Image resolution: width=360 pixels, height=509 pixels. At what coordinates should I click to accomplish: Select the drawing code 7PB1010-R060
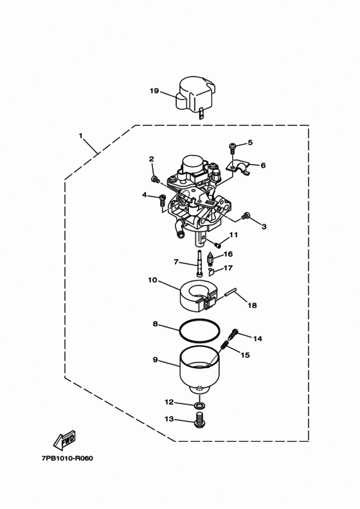click(x=67, y=458)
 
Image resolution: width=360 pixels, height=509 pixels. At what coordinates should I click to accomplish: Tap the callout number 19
click(x=154, y=91)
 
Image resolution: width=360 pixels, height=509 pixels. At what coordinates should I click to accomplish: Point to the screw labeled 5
click(x=233, y=147)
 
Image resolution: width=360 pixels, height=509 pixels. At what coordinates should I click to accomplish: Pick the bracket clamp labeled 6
click(x=238, y=168)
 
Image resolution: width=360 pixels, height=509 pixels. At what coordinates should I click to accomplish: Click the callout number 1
click(x=81, y=136)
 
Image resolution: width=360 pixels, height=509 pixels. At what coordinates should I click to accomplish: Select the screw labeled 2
click(x=155, y=179)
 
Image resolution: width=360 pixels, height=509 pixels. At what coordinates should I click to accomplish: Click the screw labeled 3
click(x=246, y=215)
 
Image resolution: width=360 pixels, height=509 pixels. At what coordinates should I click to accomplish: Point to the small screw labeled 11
click(x=217, y=245)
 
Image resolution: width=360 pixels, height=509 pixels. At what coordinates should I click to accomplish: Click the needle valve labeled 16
click(x=210, y=259)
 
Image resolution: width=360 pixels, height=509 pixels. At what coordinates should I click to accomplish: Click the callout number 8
click(x=155, y=324)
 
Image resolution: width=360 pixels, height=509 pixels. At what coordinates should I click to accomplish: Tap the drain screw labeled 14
click(x=233, y=334)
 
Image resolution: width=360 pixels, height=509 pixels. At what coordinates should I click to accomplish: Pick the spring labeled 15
click(x=224, y=347)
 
